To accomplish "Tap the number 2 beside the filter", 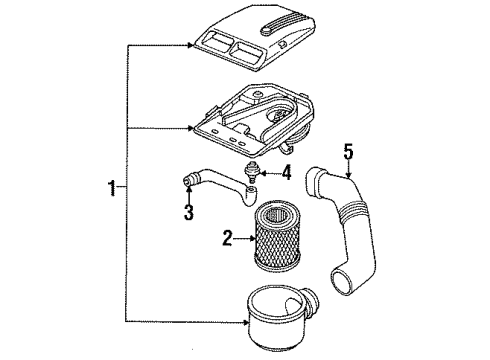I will pyautogui.click(x=227, y=238).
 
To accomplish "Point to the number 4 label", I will pyautogui.click(x=288, y=171).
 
